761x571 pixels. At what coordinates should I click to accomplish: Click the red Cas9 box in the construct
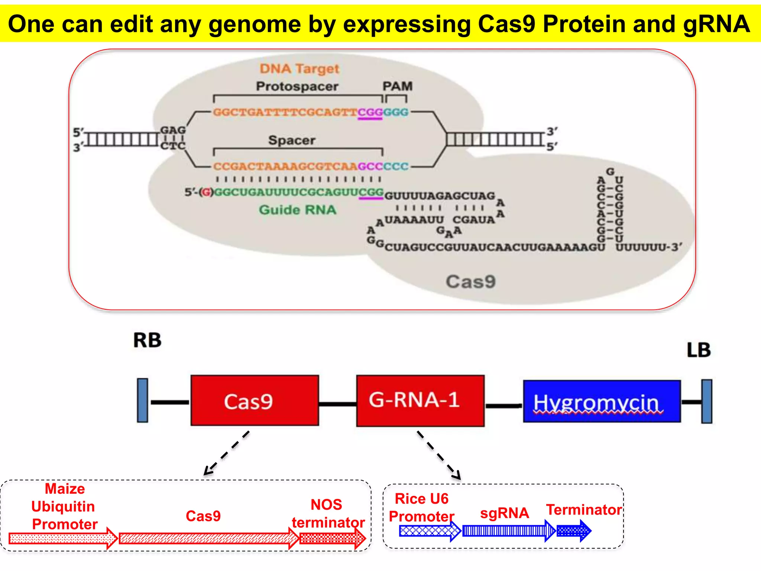point(255,400)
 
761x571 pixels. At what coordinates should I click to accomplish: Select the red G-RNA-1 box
point(420,400)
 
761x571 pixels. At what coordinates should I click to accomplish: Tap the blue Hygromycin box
point(602,401)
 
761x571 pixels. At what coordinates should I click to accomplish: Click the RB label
point(147,340)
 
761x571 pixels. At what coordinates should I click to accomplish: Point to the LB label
point(698,350)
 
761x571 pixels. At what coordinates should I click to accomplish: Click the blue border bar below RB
point(142,400)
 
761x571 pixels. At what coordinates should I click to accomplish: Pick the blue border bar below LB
point(706,401)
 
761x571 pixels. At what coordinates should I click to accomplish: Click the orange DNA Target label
point(299,69)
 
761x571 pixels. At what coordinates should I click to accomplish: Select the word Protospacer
point(297,86)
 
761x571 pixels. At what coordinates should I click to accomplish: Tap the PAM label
point(397,86)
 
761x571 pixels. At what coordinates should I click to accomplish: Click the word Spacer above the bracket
point(292,140)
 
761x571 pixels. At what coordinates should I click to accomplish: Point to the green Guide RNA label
point(297,210)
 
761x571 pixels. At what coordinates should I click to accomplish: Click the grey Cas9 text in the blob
point(470,281)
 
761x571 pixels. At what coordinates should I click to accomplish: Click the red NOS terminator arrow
point(332,538)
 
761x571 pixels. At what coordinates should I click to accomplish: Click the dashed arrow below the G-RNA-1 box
point(439,455)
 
